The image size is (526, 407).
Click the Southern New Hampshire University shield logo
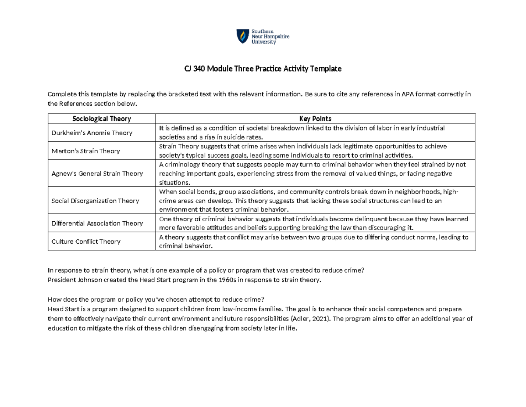pos(242,36)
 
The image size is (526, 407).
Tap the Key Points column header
pos(315,119)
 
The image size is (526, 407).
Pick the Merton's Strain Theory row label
pos(86,151)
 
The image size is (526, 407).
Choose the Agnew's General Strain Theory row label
pos(97,173)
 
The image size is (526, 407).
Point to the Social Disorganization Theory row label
pos(95,201)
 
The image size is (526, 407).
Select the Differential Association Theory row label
pos(97,223)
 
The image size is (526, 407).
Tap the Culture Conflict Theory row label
pos(86,241)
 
